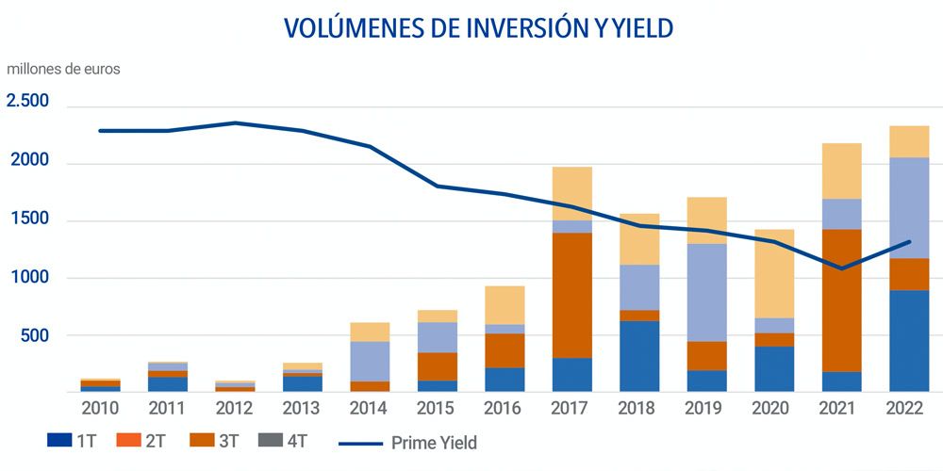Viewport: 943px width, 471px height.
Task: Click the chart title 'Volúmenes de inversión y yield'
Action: pos(478,28)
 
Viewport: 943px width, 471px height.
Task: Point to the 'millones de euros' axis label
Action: pos(64,69)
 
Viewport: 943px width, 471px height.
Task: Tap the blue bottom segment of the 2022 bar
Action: pos(909,341)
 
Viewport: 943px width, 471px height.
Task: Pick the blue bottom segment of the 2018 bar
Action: pos(639,356)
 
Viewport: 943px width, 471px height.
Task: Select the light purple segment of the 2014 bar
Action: pos(371,361)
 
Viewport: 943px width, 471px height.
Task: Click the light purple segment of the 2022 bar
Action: pos(909,207)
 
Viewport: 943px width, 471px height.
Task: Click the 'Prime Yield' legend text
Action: pos(435,442)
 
